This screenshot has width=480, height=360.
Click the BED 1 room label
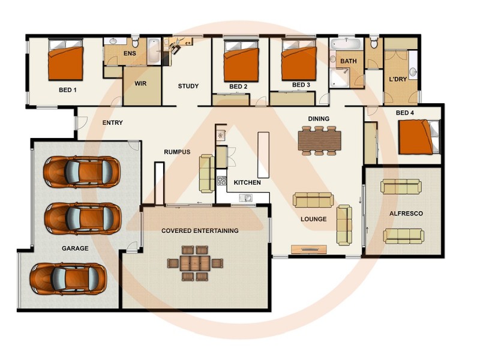point(67,90)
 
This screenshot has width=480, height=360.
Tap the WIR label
point(141,83)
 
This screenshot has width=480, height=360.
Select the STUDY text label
point(188,86)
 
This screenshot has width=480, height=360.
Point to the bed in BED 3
point(298,61)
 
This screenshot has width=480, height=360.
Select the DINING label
point(318,119)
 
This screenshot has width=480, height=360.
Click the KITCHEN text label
point(247,182)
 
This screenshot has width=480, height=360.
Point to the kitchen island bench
point(263,155)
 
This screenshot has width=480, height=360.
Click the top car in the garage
point(81,172)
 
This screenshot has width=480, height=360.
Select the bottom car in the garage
point(68,278)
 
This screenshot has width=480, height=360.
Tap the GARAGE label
point(75,248)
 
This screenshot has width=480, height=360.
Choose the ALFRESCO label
point(406,214)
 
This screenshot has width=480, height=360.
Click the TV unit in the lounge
point(308,249)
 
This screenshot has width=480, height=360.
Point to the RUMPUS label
point(177,152)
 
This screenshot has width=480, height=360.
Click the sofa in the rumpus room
point(207,173)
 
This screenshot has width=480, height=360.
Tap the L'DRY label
point(398,80)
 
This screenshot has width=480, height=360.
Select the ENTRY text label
point(112,123)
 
